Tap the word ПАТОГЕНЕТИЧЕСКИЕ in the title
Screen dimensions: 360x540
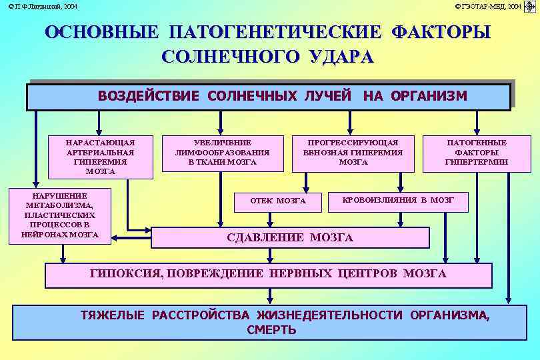(x=275, y=32)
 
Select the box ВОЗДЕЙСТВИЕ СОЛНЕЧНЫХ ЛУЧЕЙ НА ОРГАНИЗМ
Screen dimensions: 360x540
(x=269, y=96)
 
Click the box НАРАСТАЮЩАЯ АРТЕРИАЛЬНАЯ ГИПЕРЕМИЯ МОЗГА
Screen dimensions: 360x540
(x=100, y=157)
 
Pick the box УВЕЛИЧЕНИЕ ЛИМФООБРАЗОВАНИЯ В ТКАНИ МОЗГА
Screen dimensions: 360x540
(x=222, y=153)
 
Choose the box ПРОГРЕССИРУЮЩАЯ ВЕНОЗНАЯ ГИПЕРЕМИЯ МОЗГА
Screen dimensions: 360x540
(x=353, y=153)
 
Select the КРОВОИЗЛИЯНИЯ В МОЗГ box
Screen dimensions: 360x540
(x=398, y=200)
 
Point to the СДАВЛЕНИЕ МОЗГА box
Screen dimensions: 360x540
(x=290, y=237)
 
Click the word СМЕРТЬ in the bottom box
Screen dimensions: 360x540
(x=271, y=330)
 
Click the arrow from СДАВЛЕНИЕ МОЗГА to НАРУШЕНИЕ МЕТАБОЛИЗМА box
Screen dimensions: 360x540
(x=132, y=237)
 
